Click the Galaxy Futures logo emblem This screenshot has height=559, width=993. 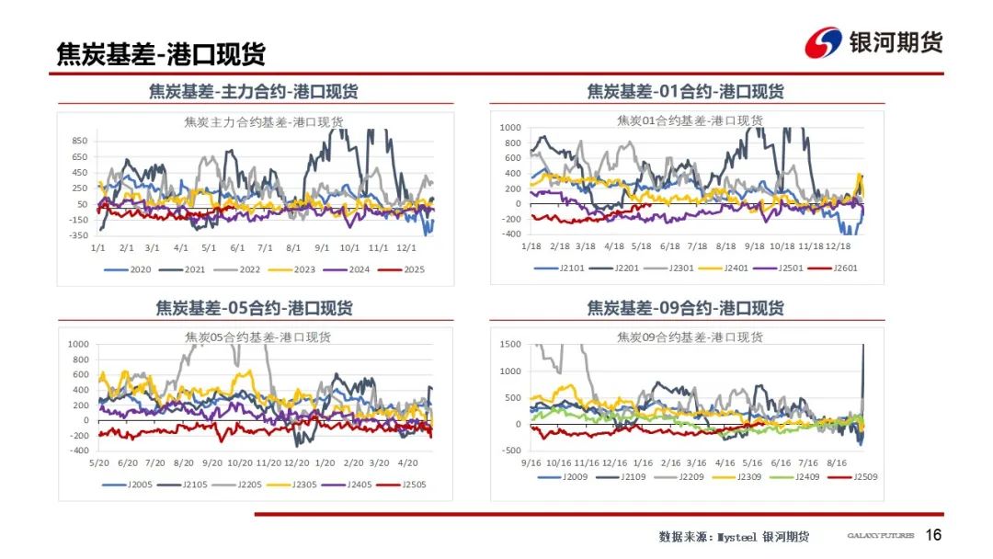[x=823, y=42]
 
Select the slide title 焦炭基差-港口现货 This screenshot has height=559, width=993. [x=161, y=54]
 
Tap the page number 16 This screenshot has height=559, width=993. [x=933, y=535]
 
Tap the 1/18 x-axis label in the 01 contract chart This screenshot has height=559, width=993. [x=531, y=246]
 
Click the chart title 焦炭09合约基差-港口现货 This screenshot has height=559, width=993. [x=690, y=337]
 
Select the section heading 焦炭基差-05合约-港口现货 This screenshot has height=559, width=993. [x=254, y=308]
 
